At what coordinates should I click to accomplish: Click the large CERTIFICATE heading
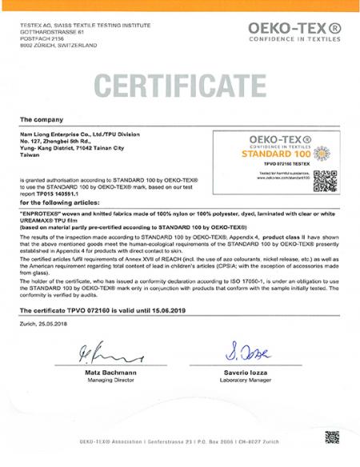180,83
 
